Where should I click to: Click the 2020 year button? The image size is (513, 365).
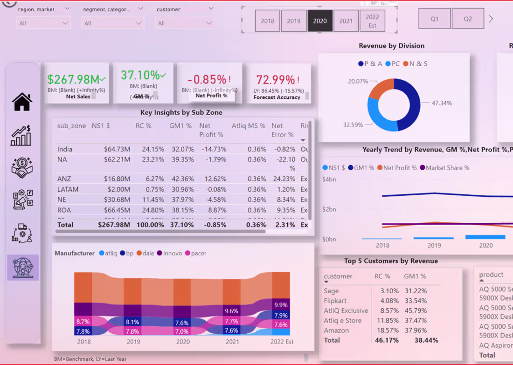coord(320,21)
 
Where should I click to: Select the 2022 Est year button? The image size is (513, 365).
coord(372,21)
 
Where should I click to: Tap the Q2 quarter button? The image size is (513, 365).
coord(468,19)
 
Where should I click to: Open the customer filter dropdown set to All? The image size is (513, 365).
coord(185,23)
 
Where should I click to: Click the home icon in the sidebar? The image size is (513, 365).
coord(22,102)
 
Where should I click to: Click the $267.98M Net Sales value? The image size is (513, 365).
coord(74,79)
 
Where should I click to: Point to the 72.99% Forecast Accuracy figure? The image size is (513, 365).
coord(275,80)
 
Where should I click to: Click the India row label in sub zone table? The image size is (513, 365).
coord(65,149)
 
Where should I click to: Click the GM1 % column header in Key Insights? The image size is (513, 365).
coord(180,126)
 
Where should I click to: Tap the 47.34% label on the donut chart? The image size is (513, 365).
coord(442,103)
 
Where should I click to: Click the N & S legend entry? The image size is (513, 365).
coord(418,64)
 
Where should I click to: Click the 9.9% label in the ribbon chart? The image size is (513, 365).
coord(281,305)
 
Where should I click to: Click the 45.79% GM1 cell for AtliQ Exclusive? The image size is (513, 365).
coord(415,310)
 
